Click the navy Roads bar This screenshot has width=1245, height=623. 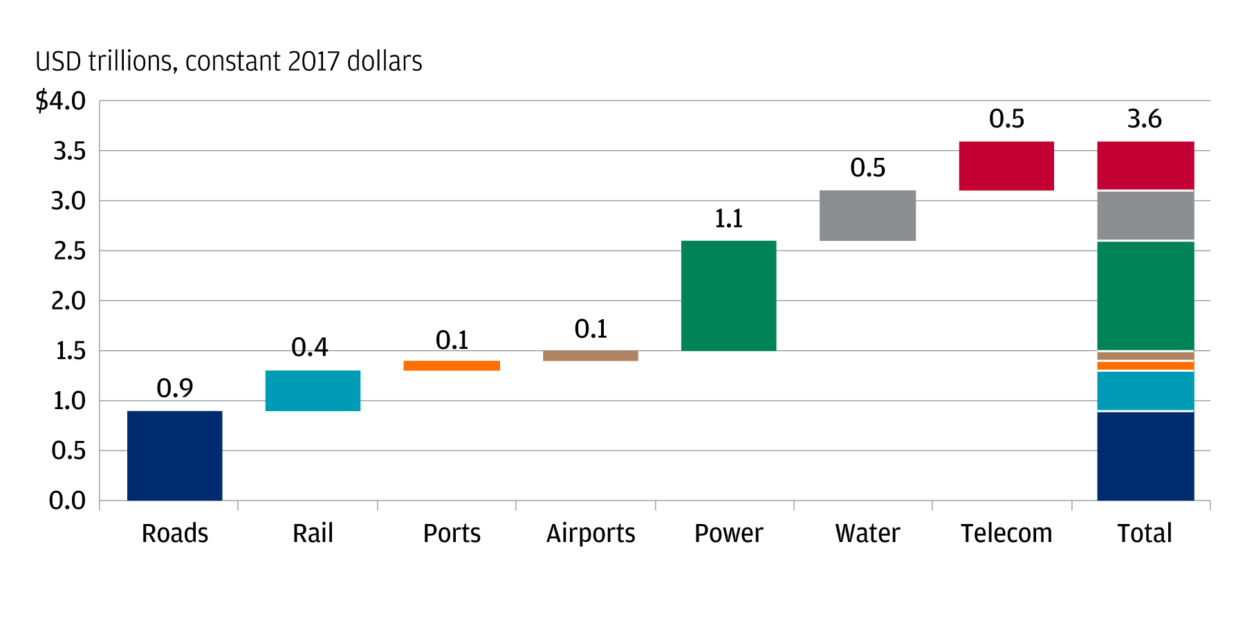(174, 455)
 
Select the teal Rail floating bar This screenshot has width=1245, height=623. (313, 390)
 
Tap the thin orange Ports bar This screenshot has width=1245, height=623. (452, 365)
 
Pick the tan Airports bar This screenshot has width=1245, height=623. (591, 356)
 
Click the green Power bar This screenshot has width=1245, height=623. (728, 296)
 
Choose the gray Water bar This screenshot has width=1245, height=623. (867, 215)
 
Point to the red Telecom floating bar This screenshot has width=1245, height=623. (1006, 166)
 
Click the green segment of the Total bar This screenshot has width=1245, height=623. (1145, 296)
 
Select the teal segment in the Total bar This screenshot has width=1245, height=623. (1145, 391)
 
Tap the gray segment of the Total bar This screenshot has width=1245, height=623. (1145, 215)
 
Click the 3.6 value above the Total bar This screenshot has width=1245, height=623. (1144, 119)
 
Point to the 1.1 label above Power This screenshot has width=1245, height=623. (728, 219)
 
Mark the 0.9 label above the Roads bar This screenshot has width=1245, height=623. (174, 388)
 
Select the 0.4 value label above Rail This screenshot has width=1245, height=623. (309, 347)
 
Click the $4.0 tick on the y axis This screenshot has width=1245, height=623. (61, 101)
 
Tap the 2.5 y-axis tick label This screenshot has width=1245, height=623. (69, 251)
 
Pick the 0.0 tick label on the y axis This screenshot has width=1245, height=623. (67, 500)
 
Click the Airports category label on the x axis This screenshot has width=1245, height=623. (591, 534)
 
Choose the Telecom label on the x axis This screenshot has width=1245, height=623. (1006, 534)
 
